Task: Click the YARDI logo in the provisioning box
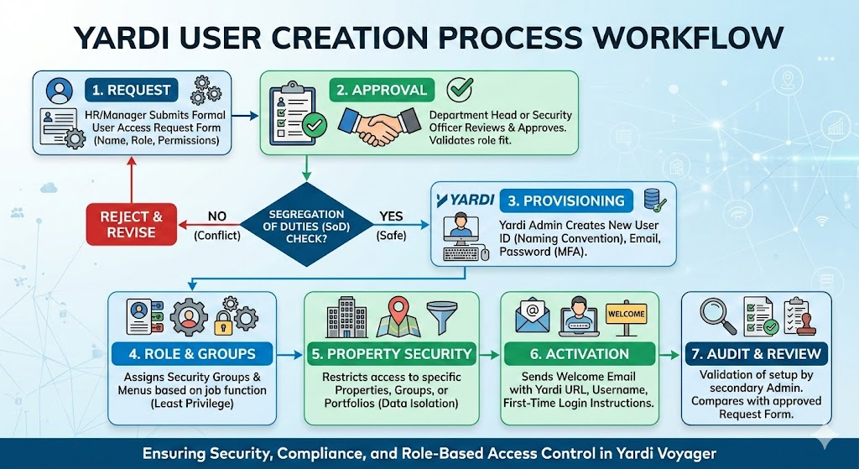coord(466,201)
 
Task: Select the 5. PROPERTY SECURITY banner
coord(392,353)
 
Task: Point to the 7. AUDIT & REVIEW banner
coord(756,353)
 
